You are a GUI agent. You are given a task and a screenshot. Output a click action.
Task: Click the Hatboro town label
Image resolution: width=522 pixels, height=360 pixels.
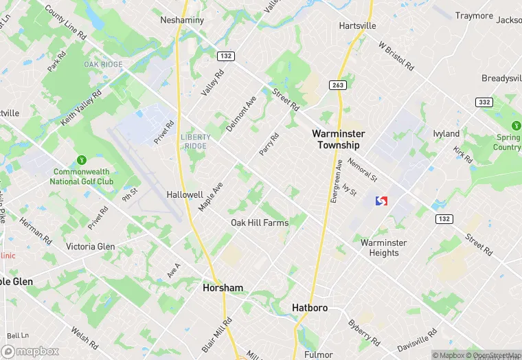(x=310, y=308)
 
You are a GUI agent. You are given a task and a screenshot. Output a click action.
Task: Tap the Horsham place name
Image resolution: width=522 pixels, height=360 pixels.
(x=223, y=288)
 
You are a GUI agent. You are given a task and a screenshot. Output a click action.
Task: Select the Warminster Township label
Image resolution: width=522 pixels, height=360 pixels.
(x=338, y=139)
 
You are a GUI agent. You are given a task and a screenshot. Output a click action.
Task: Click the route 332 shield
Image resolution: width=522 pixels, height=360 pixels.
(x=484, y=102)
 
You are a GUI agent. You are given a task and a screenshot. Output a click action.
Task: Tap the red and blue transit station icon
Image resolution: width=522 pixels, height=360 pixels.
(x=381, y=201)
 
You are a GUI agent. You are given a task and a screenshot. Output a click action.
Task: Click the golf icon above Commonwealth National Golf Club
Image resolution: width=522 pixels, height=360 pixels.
(x=82, y=159)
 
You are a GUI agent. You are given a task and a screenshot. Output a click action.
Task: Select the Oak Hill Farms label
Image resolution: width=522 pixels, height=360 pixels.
(x=259, y=223)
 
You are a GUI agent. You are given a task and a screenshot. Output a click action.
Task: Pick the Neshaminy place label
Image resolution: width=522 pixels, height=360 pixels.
(x=182, y=21)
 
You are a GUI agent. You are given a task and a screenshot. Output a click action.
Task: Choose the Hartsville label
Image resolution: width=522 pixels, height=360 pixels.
(x=357, y=25)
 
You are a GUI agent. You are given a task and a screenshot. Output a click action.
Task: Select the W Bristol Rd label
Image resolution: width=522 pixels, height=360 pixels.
(x=396, y=56)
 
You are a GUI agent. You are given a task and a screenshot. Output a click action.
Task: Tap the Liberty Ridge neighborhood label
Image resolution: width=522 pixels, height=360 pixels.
(x=196, y=141)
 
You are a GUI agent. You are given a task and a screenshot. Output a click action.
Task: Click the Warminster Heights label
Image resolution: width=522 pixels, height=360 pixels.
(x=383, y=247)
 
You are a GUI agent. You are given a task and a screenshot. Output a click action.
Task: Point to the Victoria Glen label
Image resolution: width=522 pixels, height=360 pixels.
(x=90, y=247)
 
